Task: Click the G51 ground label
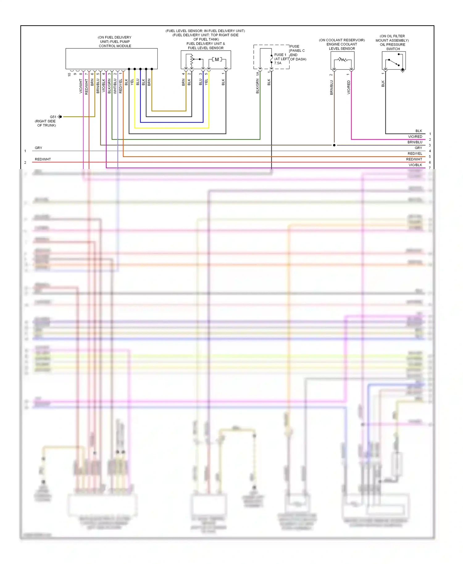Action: point(53,117)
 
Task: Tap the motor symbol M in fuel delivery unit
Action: point(217,60)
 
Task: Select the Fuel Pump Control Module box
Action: point(111,59)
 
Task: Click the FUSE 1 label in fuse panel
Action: point(280,55)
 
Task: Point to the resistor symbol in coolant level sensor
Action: point(342,60)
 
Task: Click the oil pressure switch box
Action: point(394,60)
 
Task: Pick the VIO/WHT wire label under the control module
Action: point(81,86)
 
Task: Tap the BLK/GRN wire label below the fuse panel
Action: point(257,86)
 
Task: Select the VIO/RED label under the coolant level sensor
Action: point(349,87)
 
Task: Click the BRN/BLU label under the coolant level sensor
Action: point(332,87)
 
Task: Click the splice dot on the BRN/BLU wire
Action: point(334,145)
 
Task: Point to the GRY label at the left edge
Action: point(39,148)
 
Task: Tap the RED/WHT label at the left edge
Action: point(43,160)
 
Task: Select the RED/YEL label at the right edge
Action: point(415,154)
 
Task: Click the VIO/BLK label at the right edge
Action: point(415,165)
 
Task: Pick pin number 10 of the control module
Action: point(69,74)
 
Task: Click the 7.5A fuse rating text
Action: point(278,63)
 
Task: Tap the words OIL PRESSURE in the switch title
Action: point(392,45)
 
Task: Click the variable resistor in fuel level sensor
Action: point(192,60)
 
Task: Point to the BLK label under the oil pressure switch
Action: point(383,84)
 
